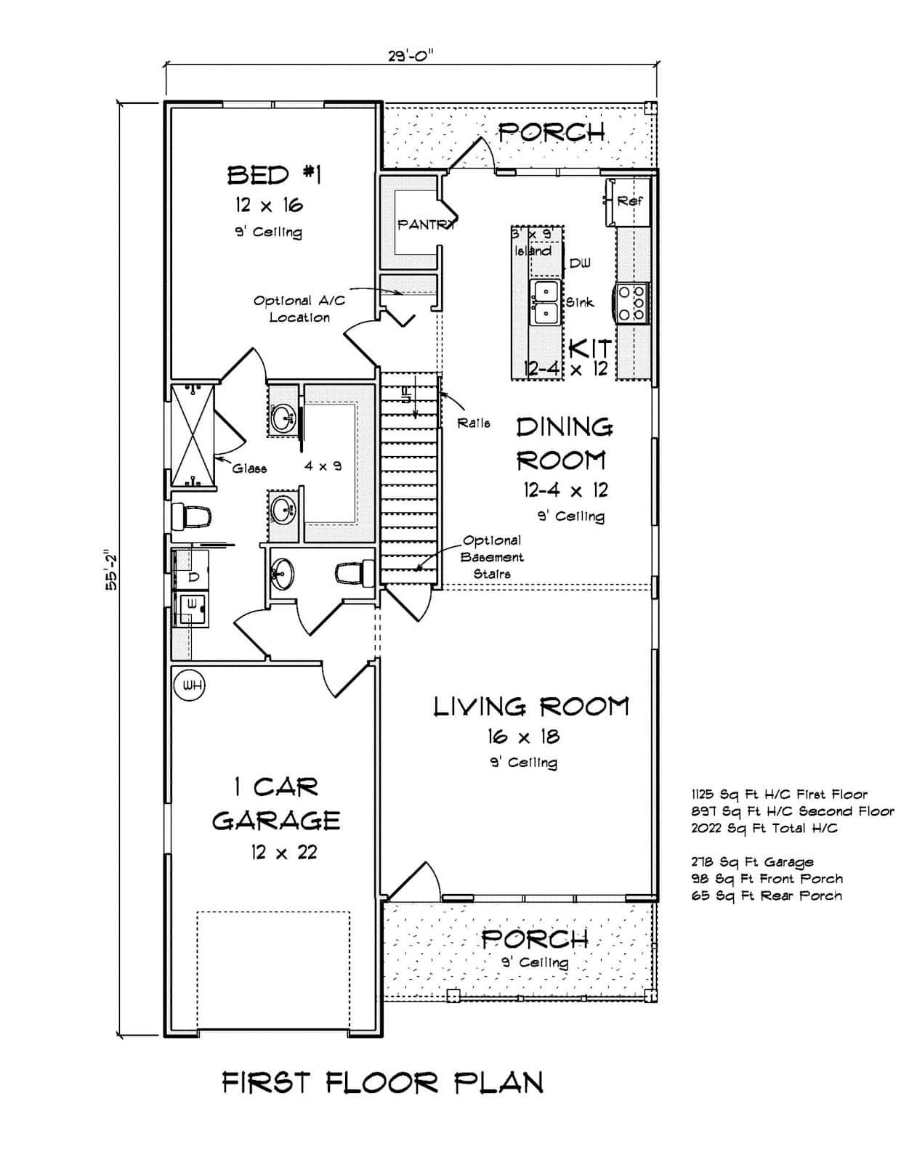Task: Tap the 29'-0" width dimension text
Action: [x=412, y=56]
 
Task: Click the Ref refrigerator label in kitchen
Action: [x=629, y=200]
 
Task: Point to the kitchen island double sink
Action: [x=544, y=302]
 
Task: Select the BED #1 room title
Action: [x=274, y=175]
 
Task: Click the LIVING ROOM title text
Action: [x=531, y=707]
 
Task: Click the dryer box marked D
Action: [x=193, y=577]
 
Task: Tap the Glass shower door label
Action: [x=249, y=468]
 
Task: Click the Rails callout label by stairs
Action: [x=474, y=423]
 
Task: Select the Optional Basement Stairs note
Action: [x=493, y=557]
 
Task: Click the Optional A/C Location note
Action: [x=299, y=309]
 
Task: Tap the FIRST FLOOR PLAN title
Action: [x=382, y=1083]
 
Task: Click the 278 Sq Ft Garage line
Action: [x=752, y=862]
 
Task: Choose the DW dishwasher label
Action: [x=580, y=263]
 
